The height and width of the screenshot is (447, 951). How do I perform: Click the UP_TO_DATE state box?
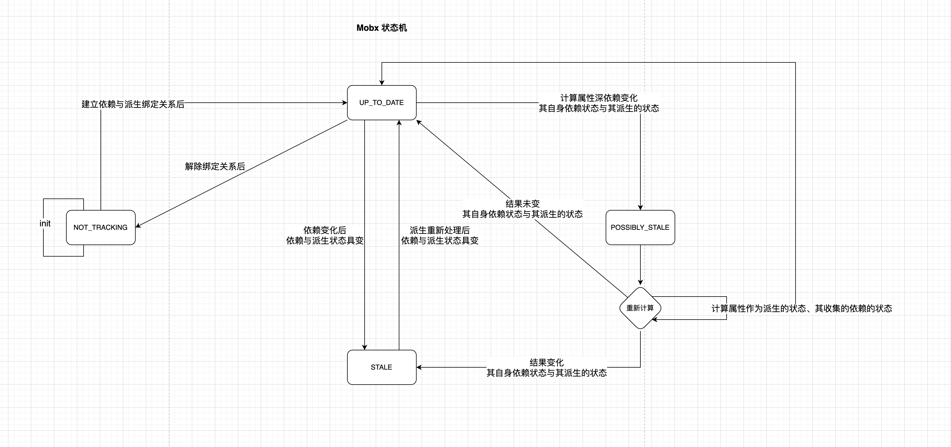(381, 103)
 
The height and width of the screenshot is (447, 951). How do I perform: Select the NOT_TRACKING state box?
(101, 227)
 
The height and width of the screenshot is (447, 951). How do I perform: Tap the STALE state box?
(381, 367)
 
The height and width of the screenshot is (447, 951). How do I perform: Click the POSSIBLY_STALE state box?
(640, 227)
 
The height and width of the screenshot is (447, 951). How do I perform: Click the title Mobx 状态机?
(381, 28)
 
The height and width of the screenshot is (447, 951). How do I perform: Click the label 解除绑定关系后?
(215, 166)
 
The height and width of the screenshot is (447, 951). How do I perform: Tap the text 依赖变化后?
(324, 230)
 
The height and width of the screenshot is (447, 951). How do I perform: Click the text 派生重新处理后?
(439, 230)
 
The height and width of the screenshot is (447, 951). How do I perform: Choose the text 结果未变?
(522, 203)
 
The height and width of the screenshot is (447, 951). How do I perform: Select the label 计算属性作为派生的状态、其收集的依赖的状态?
(802, 308)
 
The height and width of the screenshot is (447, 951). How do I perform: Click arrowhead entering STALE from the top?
(364, 347)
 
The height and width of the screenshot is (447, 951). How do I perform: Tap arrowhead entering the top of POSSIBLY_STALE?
(640, 207)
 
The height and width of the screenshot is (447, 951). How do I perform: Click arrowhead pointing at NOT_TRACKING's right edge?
(138, 226)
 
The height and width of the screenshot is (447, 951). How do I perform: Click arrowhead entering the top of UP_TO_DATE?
(382, 83)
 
